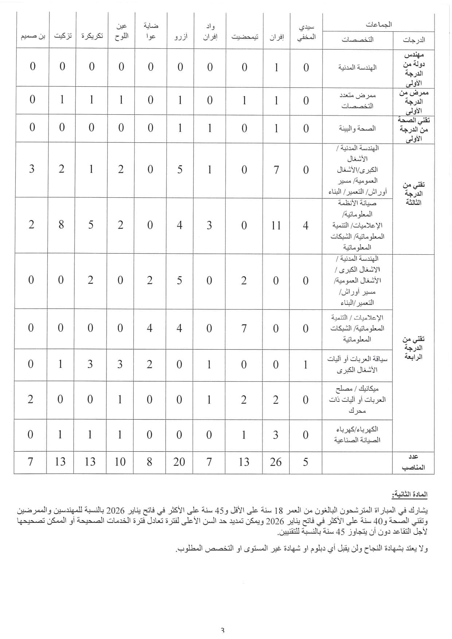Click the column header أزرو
[180, 37]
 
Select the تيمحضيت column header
[244, 37]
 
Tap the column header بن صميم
[33, 36]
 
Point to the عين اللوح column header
[121, 31]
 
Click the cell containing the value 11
[276, 226]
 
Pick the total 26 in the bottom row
[276, 462]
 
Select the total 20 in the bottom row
[179, 462]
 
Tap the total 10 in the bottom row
[120, 462]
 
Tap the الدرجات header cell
[414, 40]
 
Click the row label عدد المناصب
[413, 462]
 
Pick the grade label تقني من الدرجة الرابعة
[413, 348]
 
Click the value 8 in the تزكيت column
[61, 225]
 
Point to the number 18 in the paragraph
[278, 510]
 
